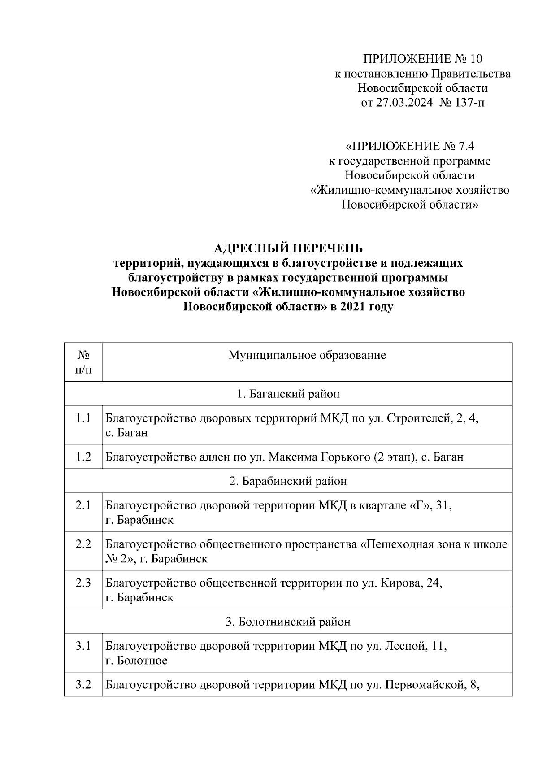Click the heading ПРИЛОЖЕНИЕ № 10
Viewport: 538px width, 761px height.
[422, 59]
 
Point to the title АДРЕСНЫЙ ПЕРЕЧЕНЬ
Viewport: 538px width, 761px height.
[288, 248]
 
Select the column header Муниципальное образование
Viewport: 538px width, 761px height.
[307, 356]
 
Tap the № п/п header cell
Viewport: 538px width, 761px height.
[83, 362]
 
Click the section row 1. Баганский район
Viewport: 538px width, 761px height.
[288, 394]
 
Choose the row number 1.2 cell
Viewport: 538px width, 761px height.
[83, 457]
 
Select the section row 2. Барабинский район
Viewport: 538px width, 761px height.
[288, 481]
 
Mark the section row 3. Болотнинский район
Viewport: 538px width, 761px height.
[288, 622]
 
